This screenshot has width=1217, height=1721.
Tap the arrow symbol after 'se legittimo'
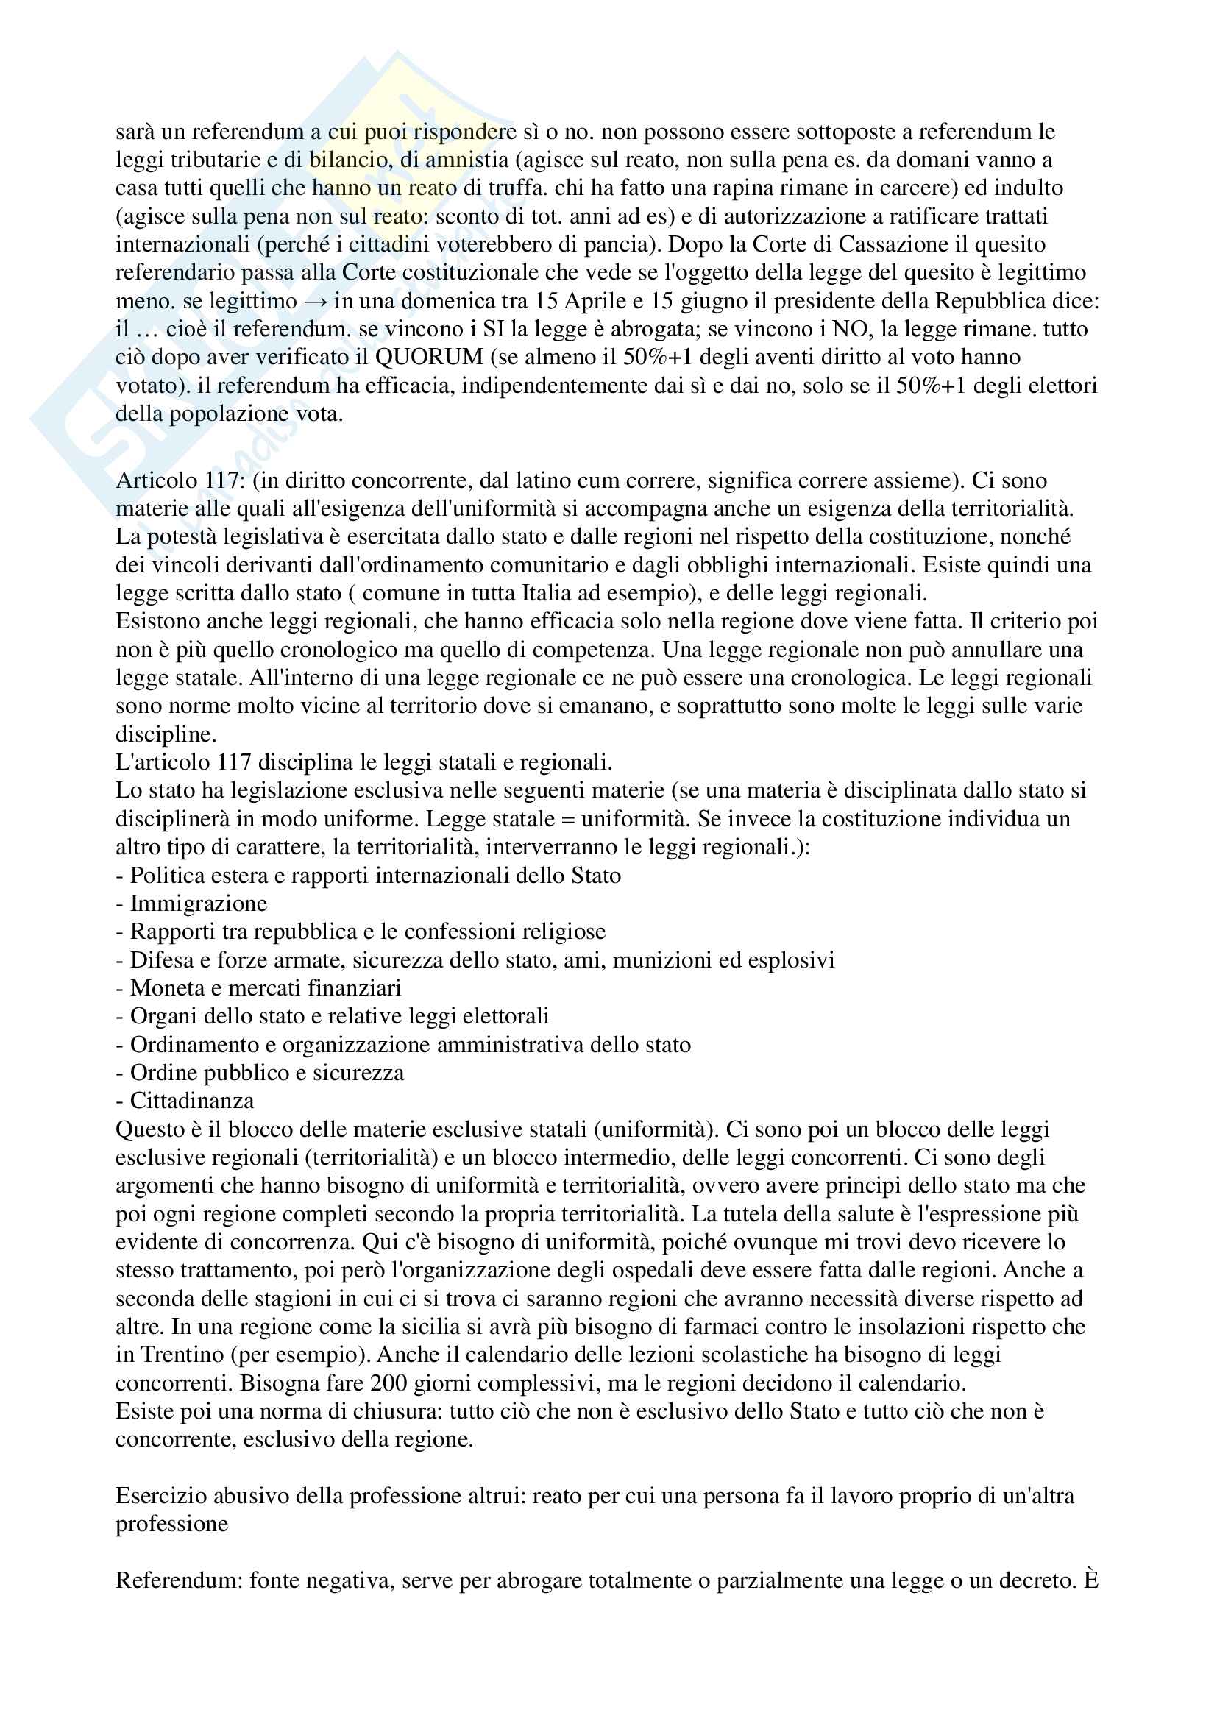pos(316,301)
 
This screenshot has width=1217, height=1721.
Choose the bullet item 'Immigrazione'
pos(199,904)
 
